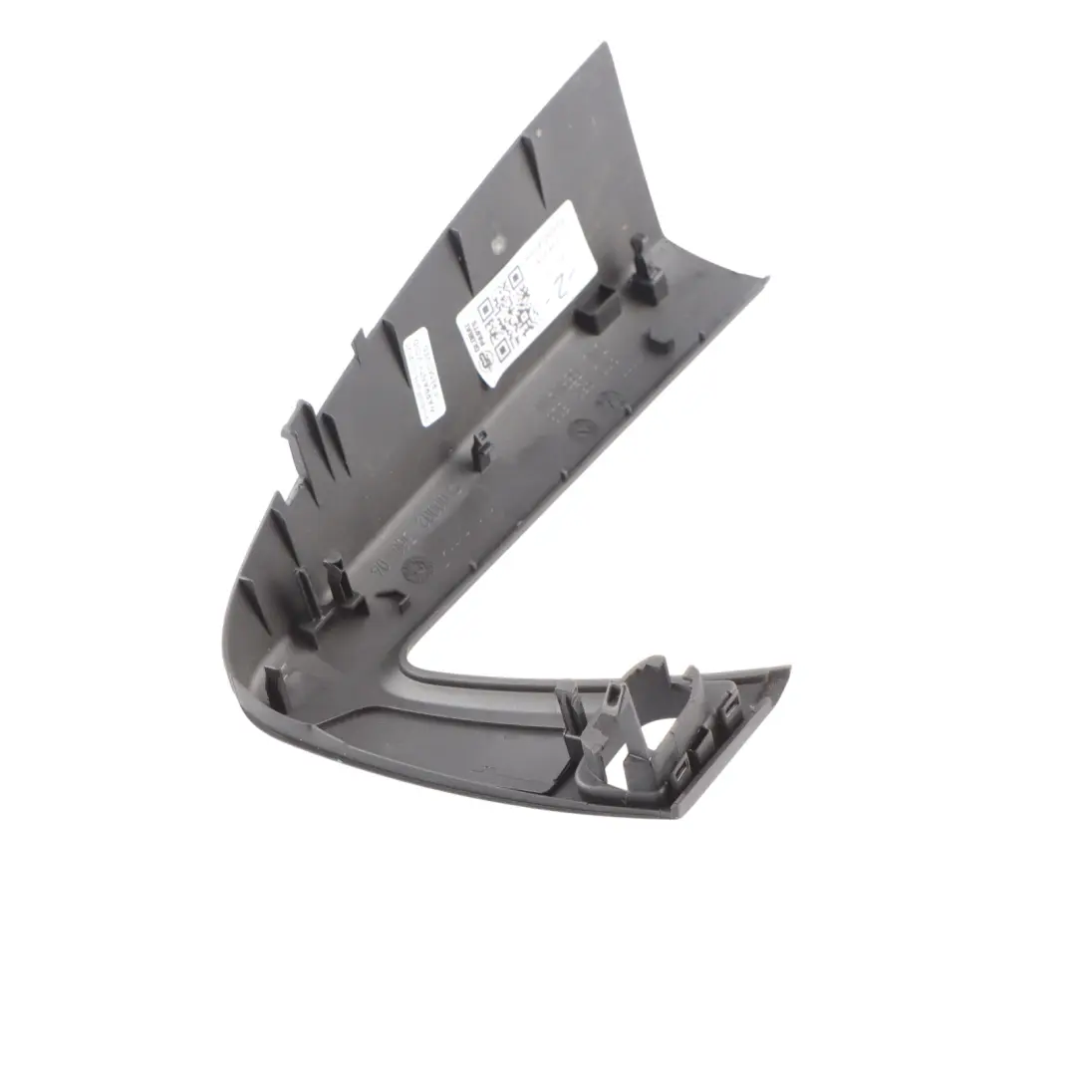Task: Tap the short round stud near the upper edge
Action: [658, 341]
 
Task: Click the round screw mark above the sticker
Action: [495, 242]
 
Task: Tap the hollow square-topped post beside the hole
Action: [611, 701]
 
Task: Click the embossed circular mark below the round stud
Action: [604, 401]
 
